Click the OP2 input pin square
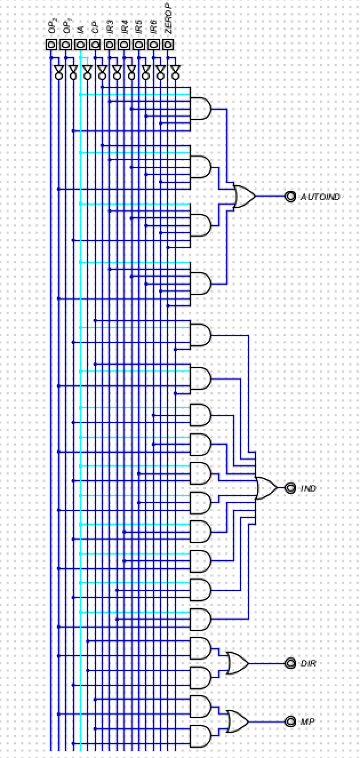[51, 44]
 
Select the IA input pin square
[81, 44]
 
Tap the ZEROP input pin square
[167, 44]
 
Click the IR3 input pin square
[110, 44]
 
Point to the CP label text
[95, 28]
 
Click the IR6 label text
[153, 27]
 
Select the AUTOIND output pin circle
[290, 197]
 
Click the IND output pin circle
[290, 488]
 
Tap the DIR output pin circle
[290, 663]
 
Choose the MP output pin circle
[290, 721]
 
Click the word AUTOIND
[321, 197]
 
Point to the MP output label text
[308, 721]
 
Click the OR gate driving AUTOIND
[245, 197]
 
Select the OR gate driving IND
[266, 488]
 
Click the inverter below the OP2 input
[58, 71]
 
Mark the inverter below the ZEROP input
[174, 71]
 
